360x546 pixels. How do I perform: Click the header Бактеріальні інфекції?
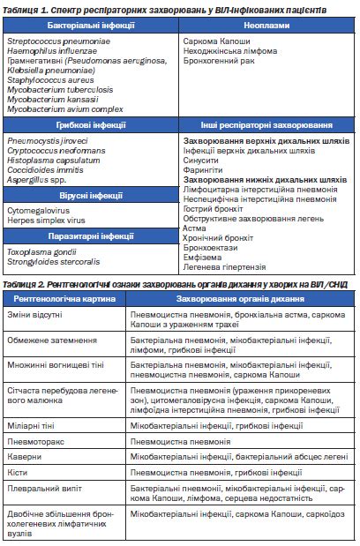tap(91, 26)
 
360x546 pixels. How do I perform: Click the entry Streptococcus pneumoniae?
tap(52, 41)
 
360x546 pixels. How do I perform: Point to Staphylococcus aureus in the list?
tap(46, 79)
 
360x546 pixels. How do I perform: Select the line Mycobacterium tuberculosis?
tap(59, 88)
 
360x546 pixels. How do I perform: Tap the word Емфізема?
tap(203, 256)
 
